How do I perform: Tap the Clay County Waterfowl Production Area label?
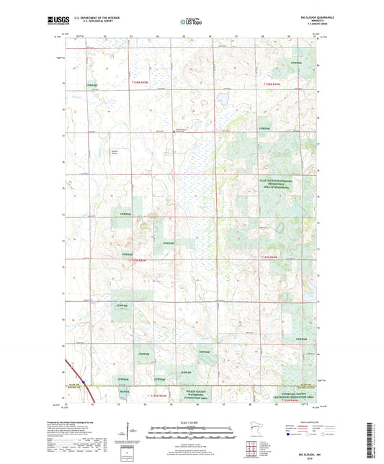point(277,184)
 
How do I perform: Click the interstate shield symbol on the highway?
point(83,383)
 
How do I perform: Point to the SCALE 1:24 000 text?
point(191,421)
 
